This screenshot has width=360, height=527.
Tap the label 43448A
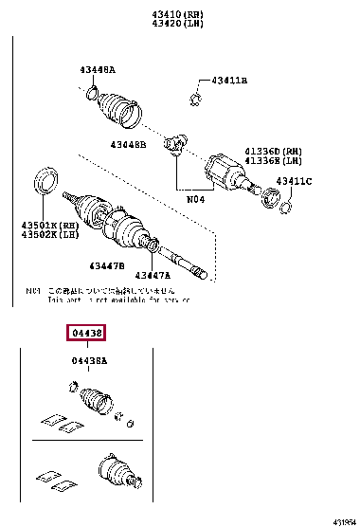point(98,69)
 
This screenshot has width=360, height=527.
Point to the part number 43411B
point(228,82)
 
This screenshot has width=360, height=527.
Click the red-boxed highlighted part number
point(85,334)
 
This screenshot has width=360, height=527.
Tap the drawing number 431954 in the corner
point(344,521)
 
